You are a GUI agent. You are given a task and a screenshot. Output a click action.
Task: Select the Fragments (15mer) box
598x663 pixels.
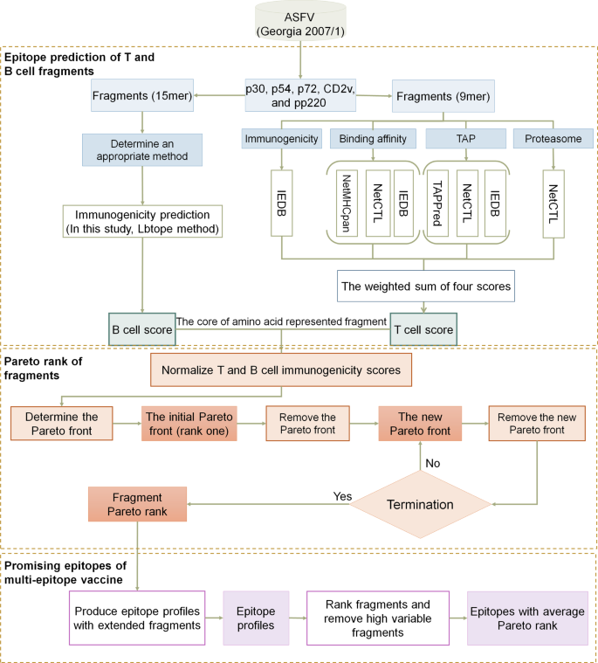coord(143,94)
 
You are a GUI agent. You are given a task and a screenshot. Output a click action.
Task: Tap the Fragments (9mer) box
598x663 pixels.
coord(444,94)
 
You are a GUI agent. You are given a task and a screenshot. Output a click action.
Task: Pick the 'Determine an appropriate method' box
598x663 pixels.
coord(143,148)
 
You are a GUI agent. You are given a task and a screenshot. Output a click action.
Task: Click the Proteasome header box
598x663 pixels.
coord(554,138)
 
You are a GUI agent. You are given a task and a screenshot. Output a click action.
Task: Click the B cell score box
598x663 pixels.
coord(141,330)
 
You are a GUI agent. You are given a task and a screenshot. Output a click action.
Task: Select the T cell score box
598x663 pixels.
coord(424,330)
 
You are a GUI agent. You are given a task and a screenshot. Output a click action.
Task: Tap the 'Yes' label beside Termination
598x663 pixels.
coord(342,495)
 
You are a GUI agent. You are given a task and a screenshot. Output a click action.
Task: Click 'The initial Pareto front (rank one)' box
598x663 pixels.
coord(189,423)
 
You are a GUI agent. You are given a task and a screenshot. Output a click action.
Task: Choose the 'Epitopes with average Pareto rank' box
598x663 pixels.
coord(526,617)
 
